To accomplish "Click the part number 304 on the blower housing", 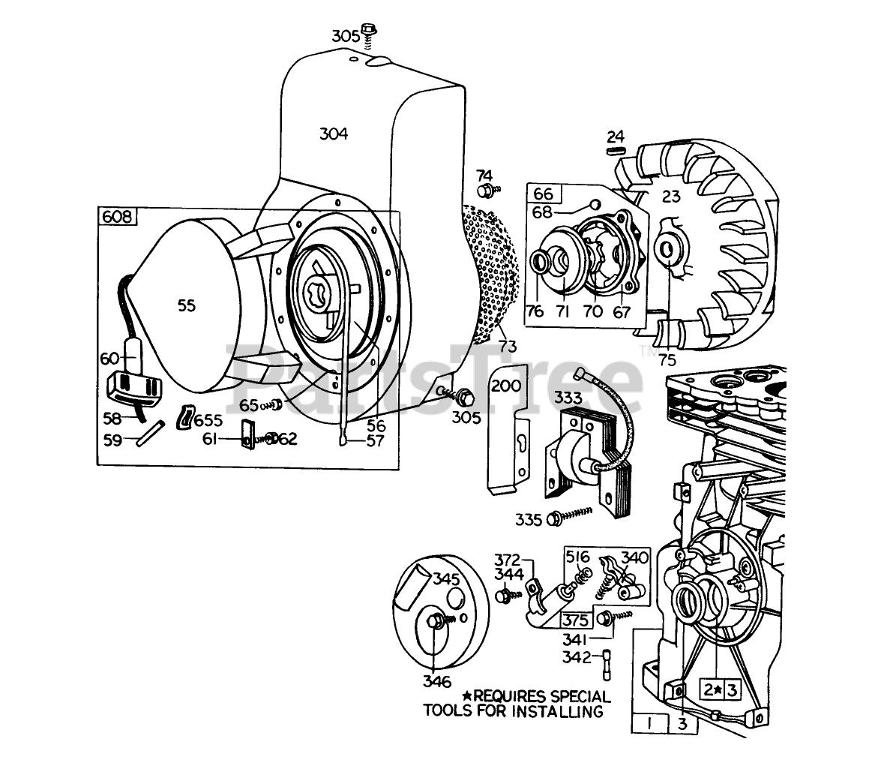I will coord(334,134).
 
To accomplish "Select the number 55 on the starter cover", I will coord(187,305).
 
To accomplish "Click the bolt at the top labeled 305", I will coord(369,31).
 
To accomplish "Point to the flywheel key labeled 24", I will coord(616,151).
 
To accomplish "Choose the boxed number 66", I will coord(543,194).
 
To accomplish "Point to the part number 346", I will coord(436,682).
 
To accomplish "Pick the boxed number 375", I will coord(575,620).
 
